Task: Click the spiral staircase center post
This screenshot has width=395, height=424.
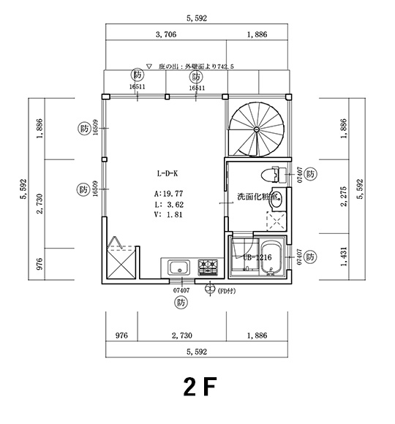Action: [257, 129]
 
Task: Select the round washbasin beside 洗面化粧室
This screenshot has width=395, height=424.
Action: [276, 196]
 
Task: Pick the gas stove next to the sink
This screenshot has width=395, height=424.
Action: [206, 268]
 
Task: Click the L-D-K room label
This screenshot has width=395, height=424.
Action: [167, 174]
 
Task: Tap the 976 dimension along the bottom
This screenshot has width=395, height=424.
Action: [122, 336]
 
